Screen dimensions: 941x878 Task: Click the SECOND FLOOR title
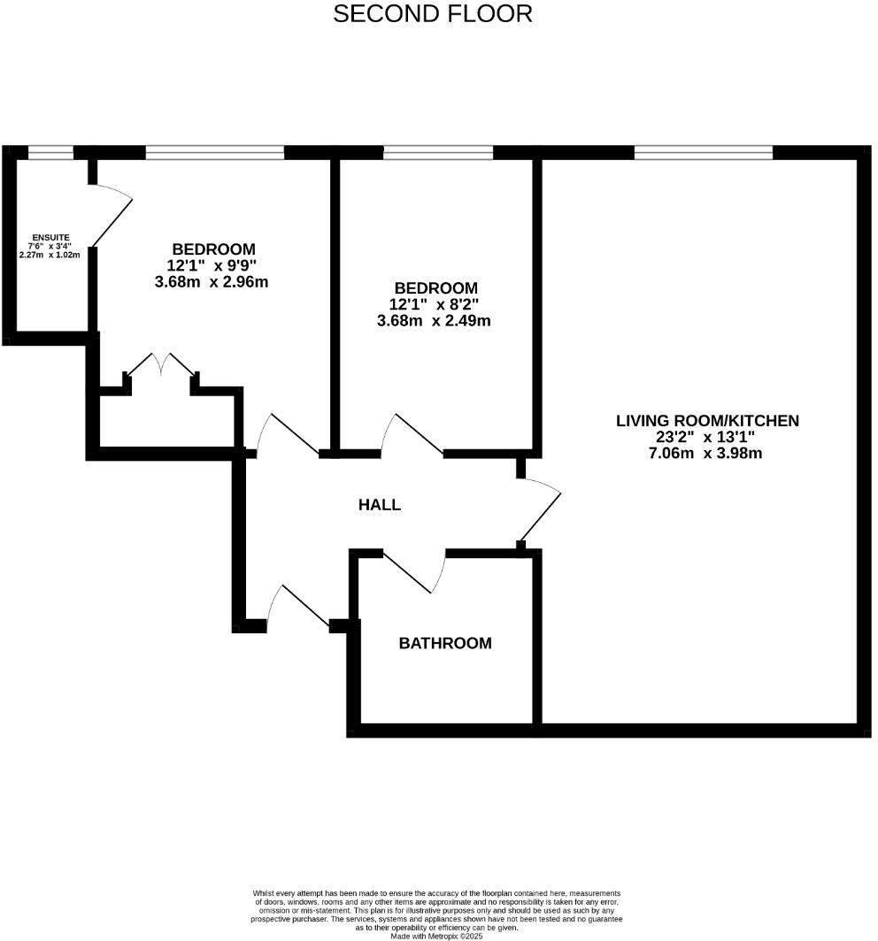pos(433,14)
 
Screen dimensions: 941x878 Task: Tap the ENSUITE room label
pos(50,237)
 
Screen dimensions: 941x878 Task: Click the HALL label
pos(379,505)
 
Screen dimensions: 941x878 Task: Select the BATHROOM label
pos(444,643)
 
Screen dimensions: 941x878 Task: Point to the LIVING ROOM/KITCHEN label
pos(706,421)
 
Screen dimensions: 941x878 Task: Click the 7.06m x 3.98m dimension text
pos(705,454)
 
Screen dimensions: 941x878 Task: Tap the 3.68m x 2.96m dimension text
pos(211,282)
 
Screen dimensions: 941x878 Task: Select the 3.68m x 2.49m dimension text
pos(433,320)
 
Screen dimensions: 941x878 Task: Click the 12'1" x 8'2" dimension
pos(434,304)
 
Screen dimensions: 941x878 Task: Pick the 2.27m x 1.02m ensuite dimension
pos(50,255)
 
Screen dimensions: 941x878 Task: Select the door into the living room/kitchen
pos(541,511)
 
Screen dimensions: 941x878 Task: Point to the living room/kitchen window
pos(704,153)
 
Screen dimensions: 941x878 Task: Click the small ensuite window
pos(50,153)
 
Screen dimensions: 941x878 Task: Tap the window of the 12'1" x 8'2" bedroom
pos(437,153)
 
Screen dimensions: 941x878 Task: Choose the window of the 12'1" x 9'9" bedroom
pos(215,153)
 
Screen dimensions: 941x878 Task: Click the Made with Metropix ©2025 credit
pos(440,935)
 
